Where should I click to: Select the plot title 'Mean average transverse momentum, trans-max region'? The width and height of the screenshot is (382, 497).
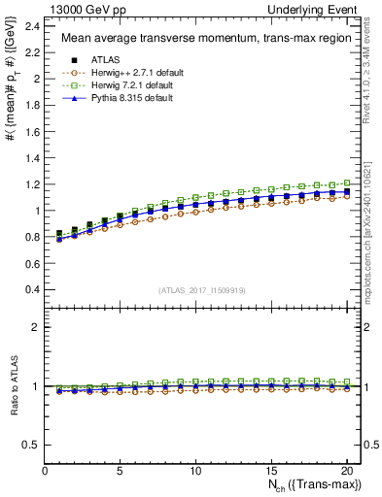click(x=205, y=39)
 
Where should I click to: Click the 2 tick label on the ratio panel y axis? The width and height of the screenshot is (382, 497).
click(x=37, y=328)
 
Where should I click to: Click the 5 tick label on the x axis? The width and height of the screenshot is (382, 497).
click(x=120, y=472)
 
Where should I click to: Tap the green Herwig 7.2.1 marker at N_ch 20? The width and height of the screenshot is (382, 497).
click(x=345, y=182)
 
